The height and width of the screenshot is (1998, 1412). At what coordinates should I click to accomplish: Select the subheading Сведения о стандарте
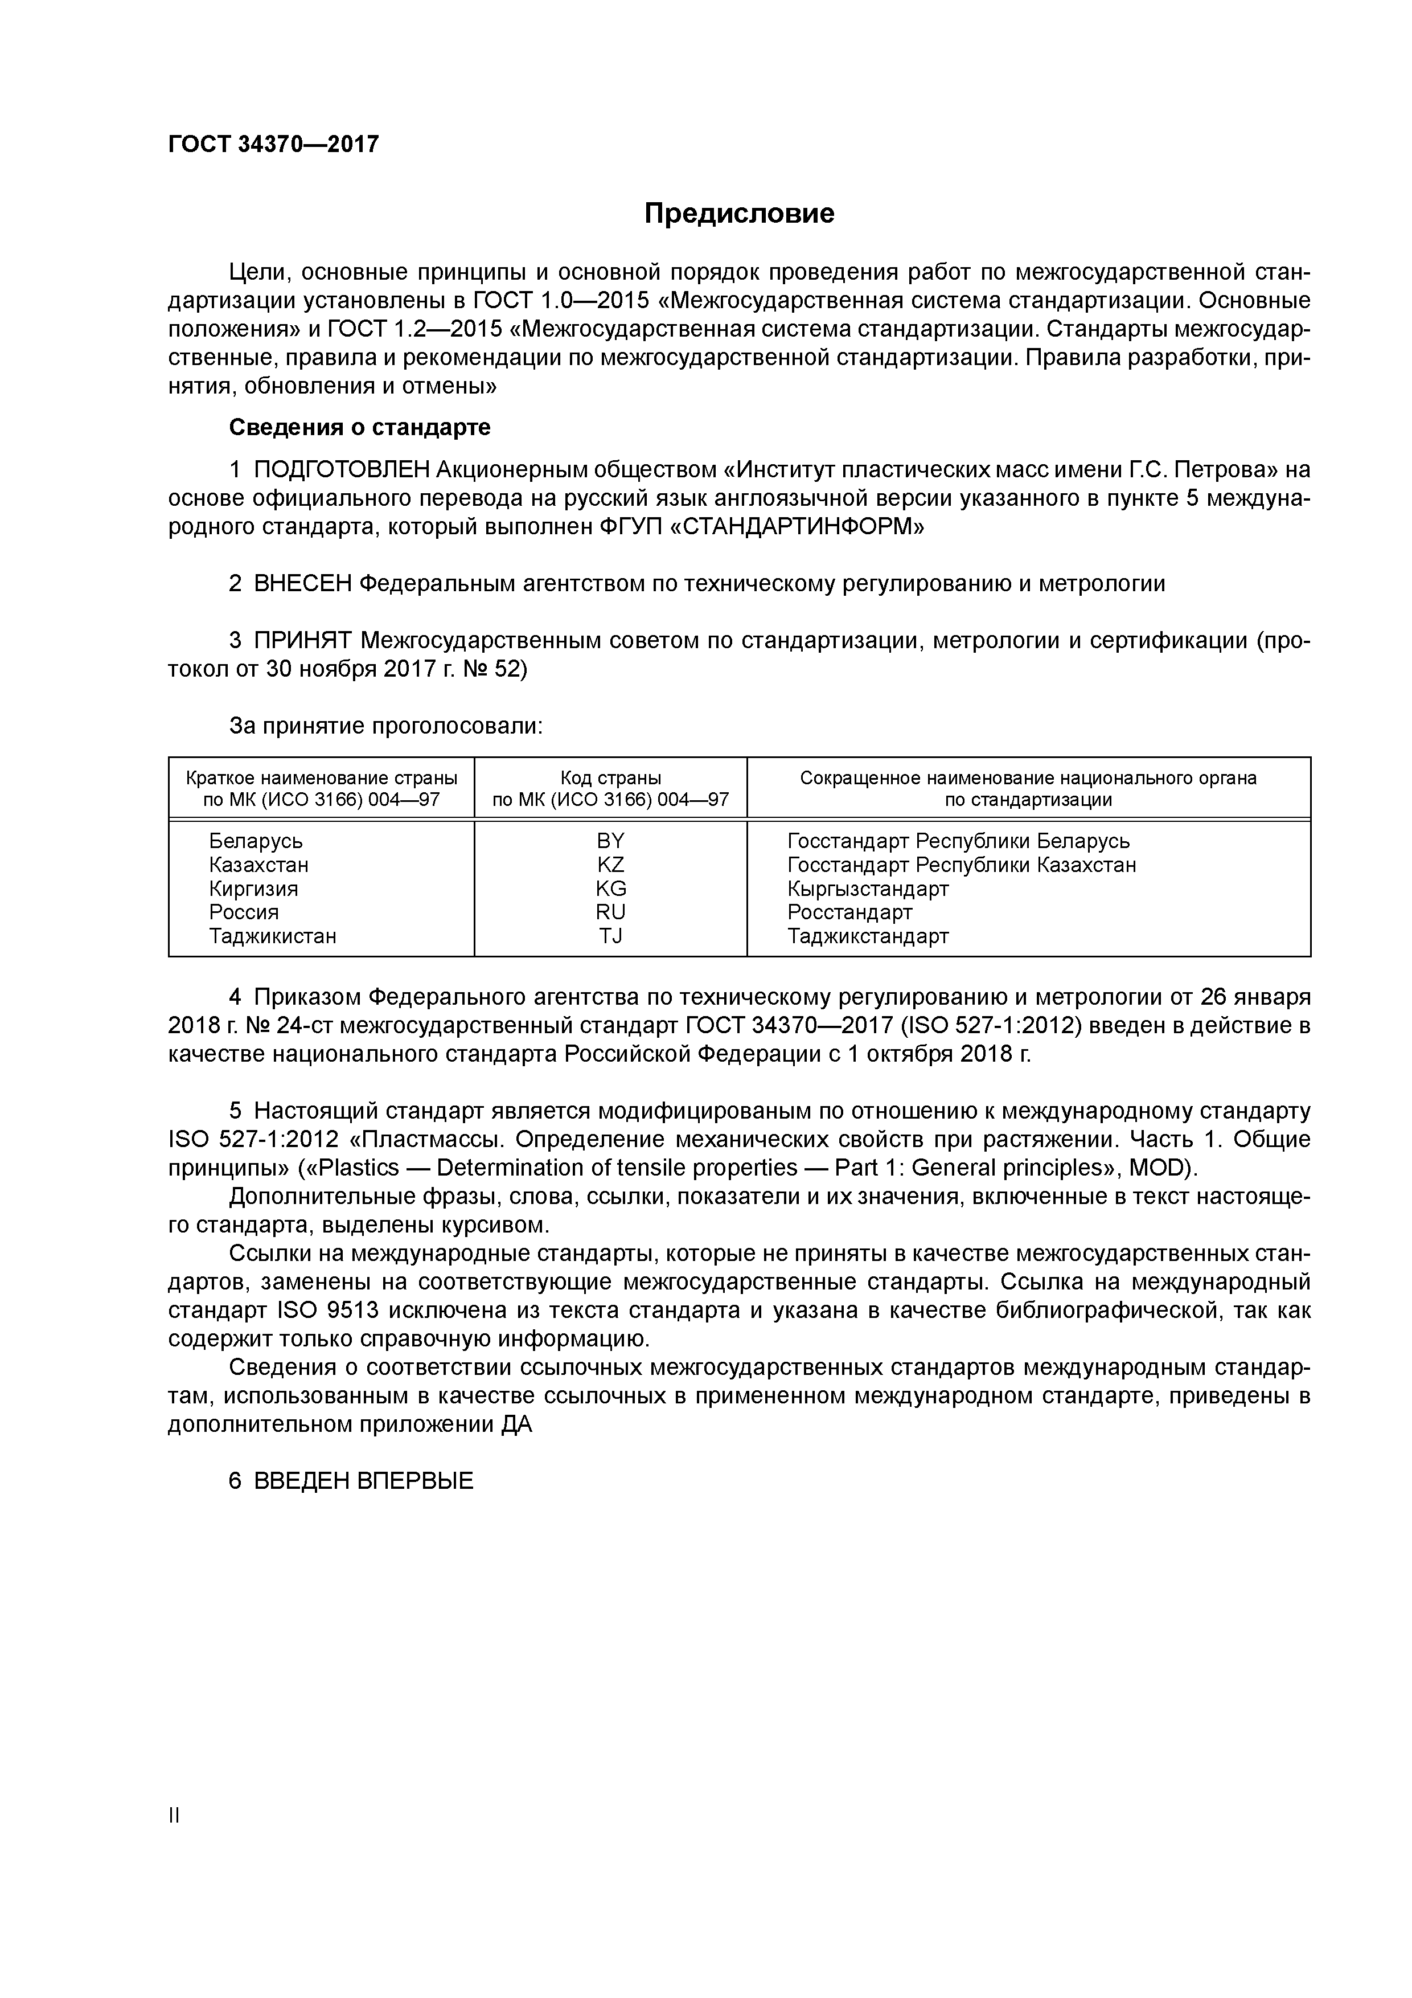coord(359,427)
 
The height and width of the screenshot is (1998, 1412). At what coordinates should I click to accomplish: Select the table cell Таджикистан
coord(272,936)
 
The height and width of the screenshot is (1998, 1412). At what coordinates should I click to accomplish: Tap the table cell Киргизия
coord(253,889)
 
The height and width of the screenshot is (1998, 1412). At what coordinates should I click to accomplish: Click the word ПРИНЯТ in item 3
coord(302,641)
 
